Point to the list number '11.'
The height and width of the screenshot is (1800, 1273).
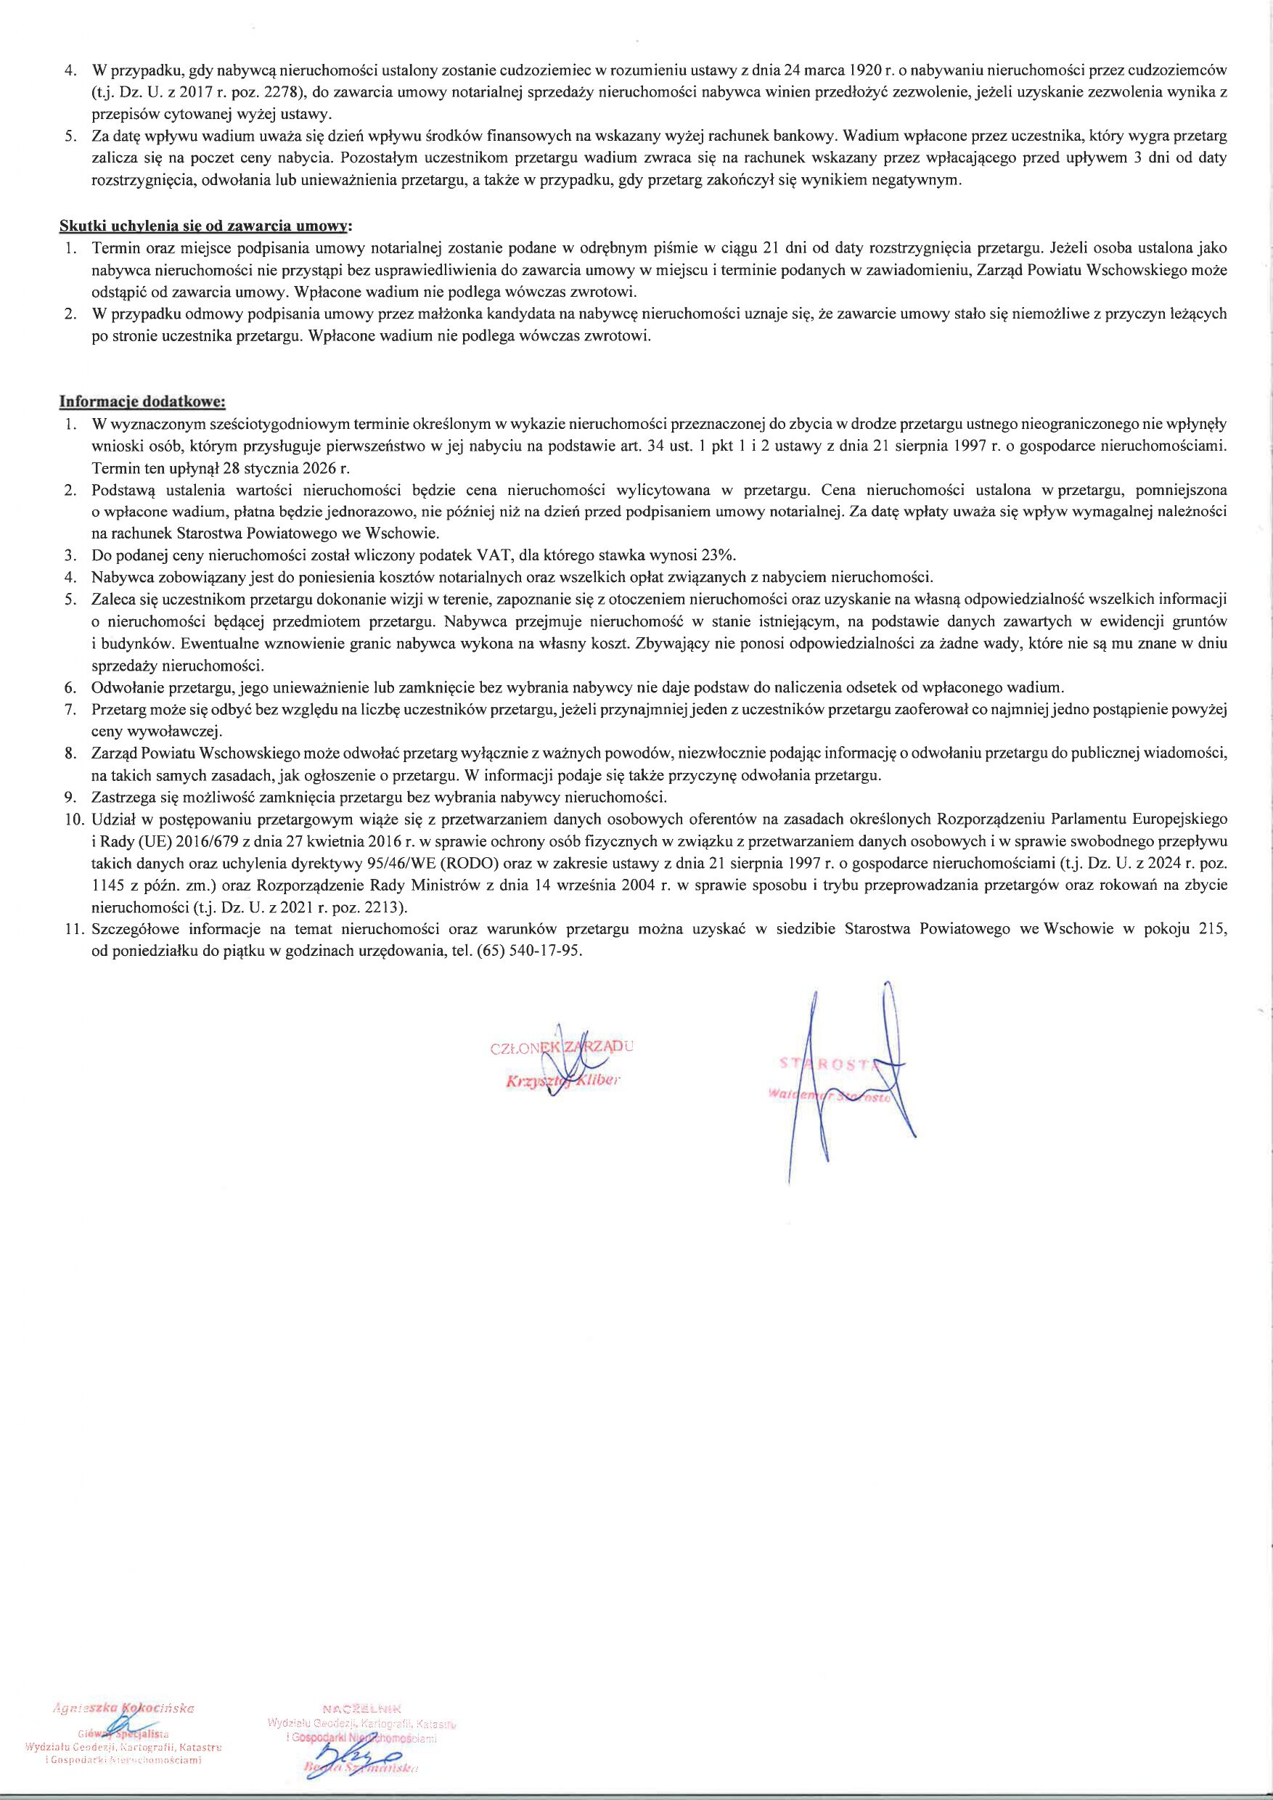click(x=75, y=930)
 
